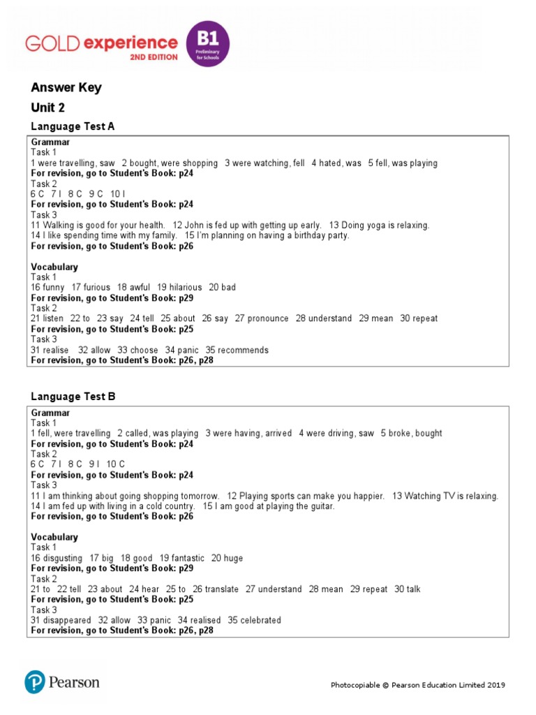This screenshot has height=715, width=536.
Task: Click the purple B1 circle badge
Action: pos(207,43)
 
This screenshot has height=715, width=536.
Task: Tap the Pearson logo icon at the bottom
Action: pos(35,681)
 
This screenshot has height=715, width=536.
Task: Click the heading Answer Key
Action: pos(66,87)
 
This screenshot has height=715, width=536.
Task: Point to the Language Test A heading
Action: pos(73,126)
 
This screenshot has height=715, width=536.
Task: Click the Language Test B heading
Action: pos(73,397)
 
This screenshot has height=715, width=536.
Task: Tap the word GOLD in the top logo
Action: pos(52,43)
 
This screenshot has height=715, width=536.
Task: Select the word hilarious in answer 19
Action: pos(180,287)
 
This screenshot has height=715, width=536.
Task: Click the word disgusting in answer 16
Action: pos(63,558)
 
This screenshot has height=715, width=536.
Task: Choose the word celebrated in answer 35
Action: pos(259,620)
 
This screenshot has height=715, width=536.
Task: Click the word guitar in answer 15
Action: pos(320,506)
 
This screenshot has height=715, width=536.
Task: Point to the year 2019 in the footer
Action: pos(495,685)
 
